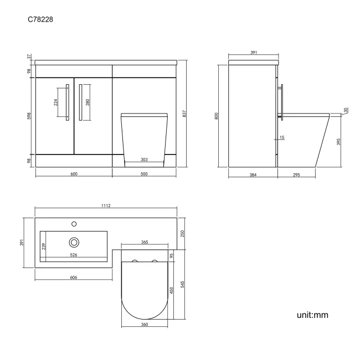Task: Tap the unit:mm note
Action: click(x=312, y=315)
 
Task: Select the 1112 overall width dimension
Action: click(x=106, y=205)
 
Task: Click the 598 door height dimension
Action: click(x=28, y=116)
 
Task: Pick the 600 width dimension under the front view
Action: click(x=74, y=174)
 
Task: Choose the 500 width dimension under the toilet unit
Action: click(x=144, y=174)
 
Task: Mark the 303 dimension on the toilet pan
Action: click(x=144, y=160)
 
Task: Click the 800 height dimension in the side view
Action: click(x=218, y=115)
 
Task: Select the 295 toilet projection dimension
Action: click(x=296, y=174)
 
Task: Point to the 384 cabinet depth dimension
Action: click(x=253, y=174)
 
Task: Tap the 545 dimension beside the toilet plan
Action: click(x=182, y=282)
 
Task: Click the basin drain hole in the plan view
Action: click(x=74, y=242)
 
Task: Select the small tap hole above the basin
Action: click(x=74, y=224)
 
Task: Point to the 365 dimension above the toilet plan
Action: click(x=144, y=243)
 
